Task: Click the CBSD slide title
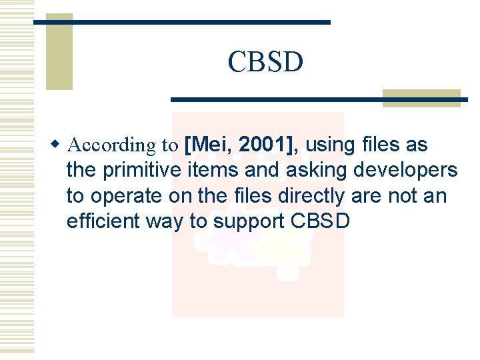[x=265, y=62]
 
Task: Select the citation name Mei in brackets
[x=209, y=144]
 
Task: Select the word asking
[x=311, y=170]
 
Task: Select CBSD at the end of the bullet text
[x=321, y=221]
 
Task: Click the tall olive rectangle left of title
[x=59, y=52]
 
